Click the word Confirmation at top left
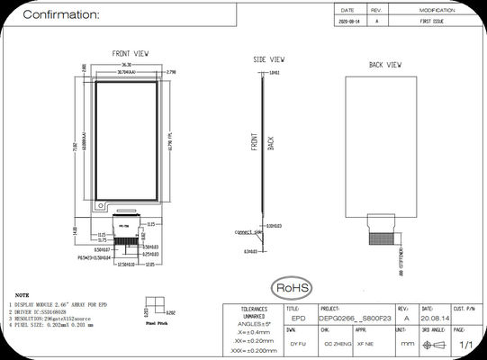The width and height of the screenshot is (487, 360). pos(61,15)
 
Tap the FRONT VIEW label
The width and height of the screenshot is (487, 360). pos(131,54)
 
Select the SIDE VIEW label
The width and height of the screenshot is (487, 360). pos(269,58)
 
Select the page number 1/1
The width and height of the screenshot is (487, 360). pos(466,344)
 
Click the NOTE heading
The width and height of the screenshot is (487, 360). pos(22,294)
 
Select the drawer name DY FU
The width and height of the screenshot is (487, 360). pos(296,344)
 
